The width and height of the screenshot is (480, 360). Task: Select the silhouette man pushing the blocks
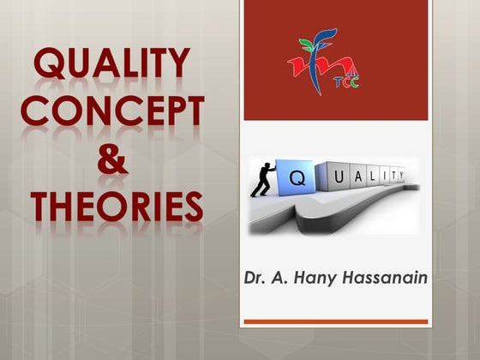pyautogui.click(x=261, y=178)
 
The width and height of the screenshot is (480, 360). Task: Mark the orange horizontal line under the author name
pyautogui.click(x=335, y=321)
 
